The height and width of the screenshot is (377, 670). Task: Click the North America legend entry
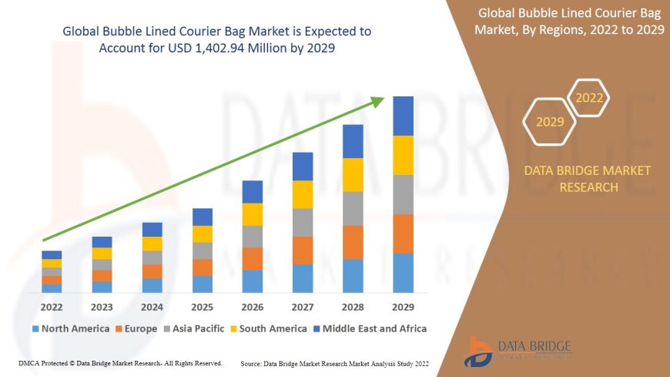tap(70, 328)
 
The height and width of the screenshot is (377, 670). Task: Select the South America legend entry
tap(267, 328)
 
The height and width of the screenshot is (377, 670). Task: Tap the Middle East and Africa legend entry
tap(370, 328)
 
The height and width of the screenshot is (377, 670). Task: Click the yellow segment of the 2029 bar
tap(403, 155)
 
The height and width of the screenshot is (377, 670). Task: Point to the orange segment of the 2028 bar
tap(353, 242)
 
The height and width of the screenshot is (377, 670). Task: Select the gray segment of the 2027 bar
tap(303, 222)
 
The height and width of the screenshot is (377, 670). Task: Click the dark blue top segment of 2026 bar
tap(253, 191)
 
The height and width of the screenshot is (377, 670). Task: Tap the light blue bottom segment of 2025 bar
tap(203, 284)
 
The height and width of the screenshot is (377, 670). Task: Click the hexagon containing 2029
tap(550, 122)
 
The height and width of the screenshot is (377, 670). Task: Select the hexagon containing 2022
tap(590, 98)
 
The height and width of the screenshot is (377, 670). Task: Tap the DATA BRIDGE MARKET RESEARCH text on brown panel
tap(588, 179)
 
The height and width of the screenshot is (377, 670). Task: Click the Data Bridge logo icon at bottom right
tap(480, 351)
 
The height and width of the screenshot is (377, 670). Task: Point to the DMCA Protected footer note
tap(119, 362)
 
